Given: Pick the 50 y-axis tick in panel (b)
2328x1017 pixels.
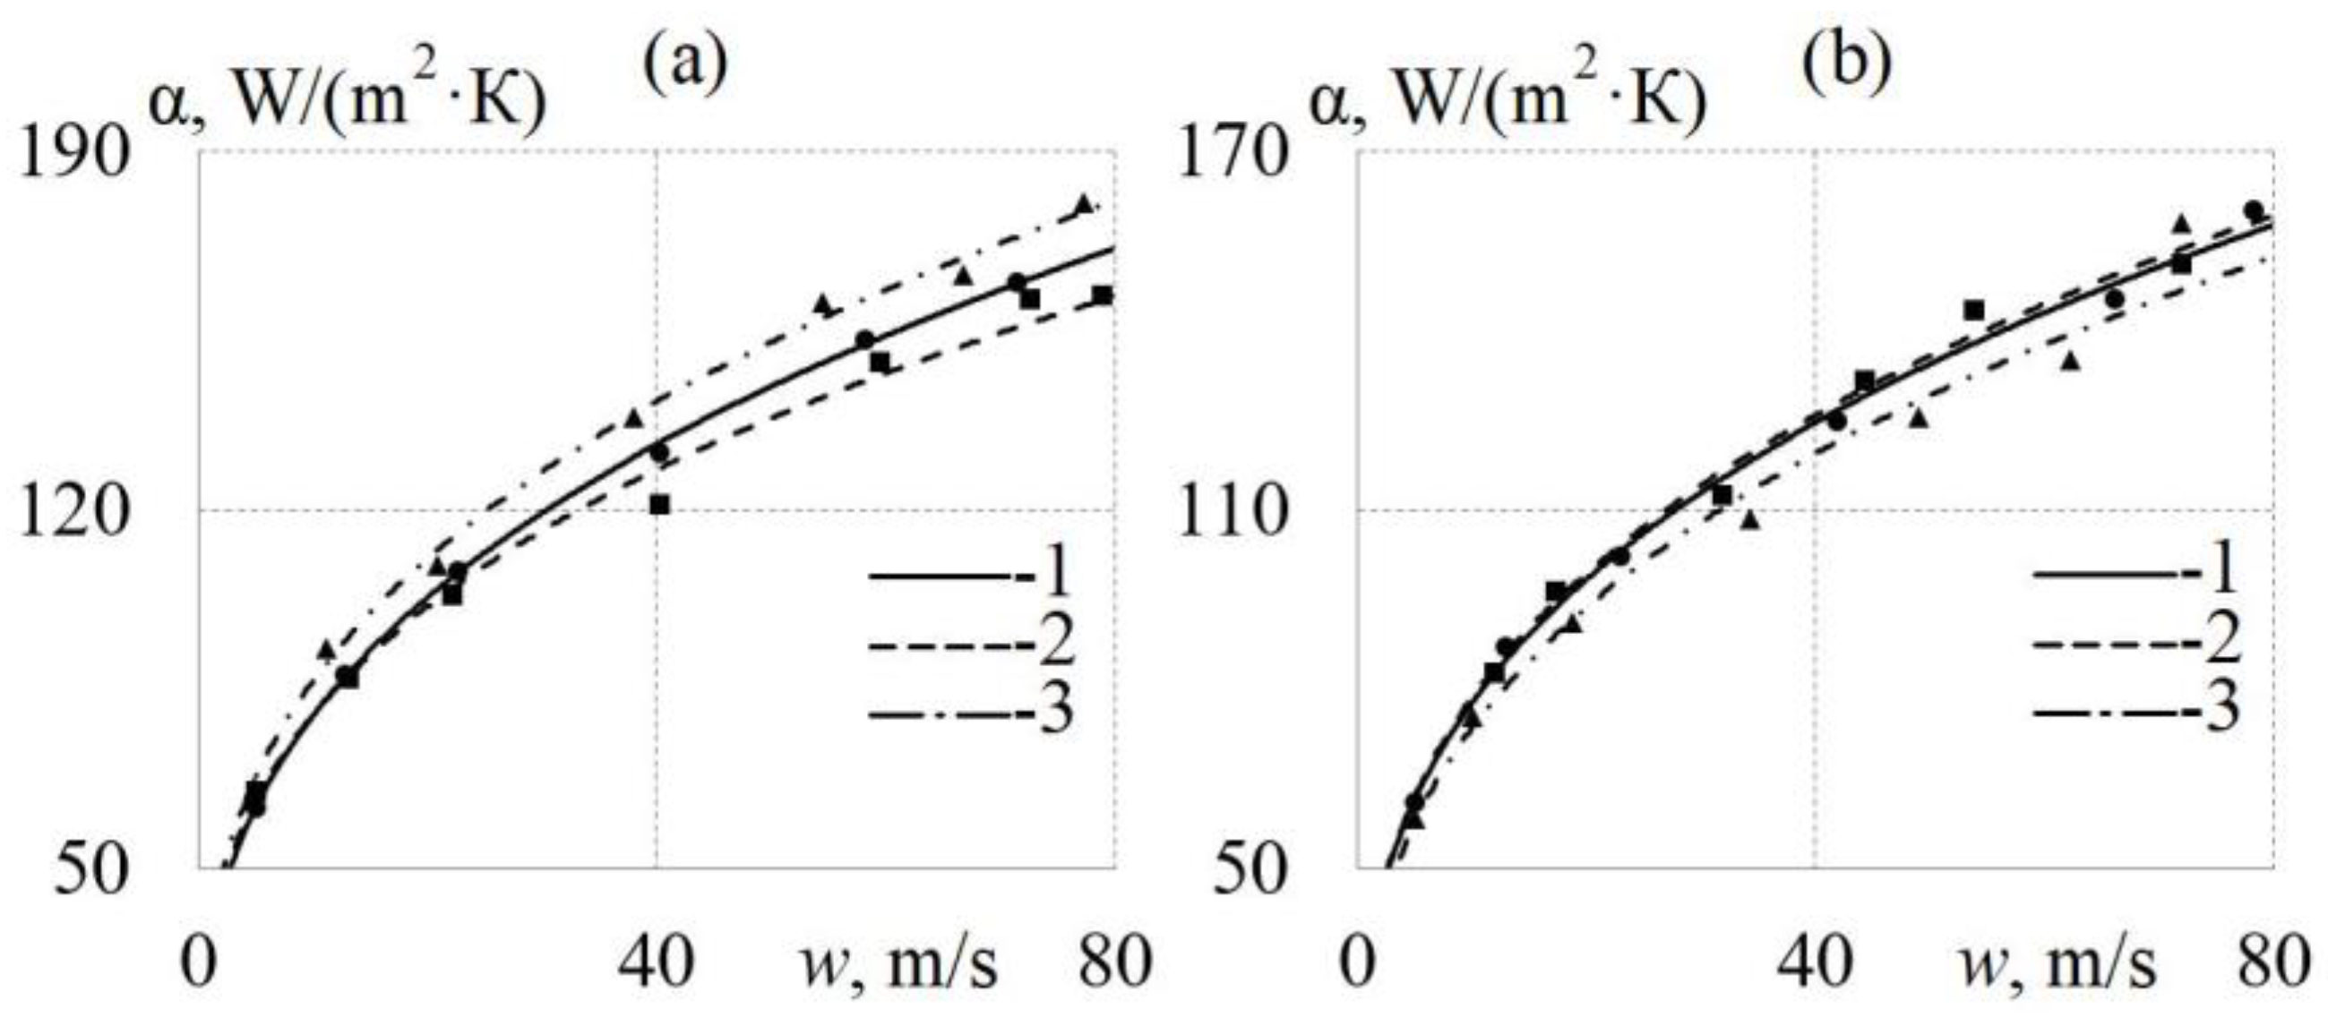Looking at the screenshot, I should [1250, 873].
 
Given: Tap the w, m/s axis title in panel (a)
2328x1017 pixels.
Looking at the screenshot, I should [899, 964].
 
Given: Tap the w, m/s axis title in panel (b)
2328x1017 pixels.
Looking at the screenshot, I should [2057, 964].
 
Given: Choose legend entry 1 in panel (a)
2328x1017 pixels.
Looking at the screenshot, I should [971, 573].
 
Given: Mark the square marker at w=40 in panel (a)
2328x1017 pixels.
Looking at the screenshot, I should [660, 505].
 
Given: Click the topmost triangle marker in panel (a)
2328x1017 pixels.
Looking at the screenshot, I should [1085, 204].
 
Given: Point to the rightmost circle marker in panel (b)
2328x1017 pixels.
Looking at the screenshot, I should [2253, 210].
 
